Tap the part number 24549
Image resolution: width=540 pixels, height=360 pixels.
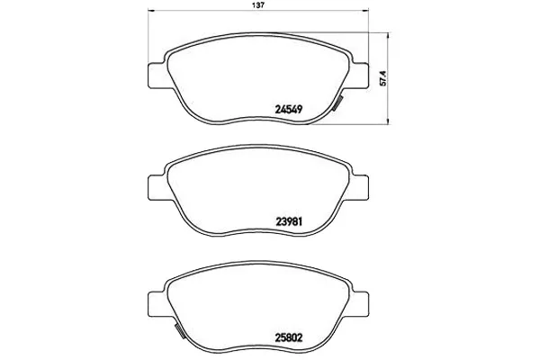coord(289,109)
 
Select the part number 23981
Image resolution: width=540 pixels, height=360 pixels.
coord(289,222)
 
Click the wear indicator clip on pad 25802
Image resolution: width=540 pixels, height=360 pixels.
coord(179,331)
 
